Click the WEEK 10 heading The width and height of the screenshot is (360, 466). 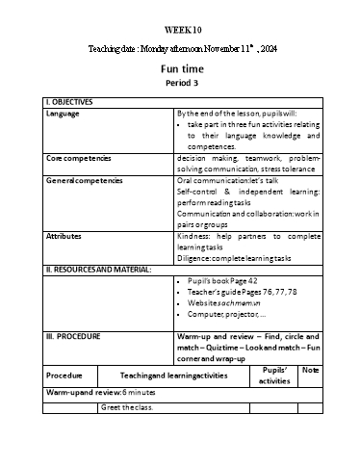[180, 29]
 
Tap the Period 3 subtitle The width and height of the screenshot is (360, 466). [180, 84]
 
